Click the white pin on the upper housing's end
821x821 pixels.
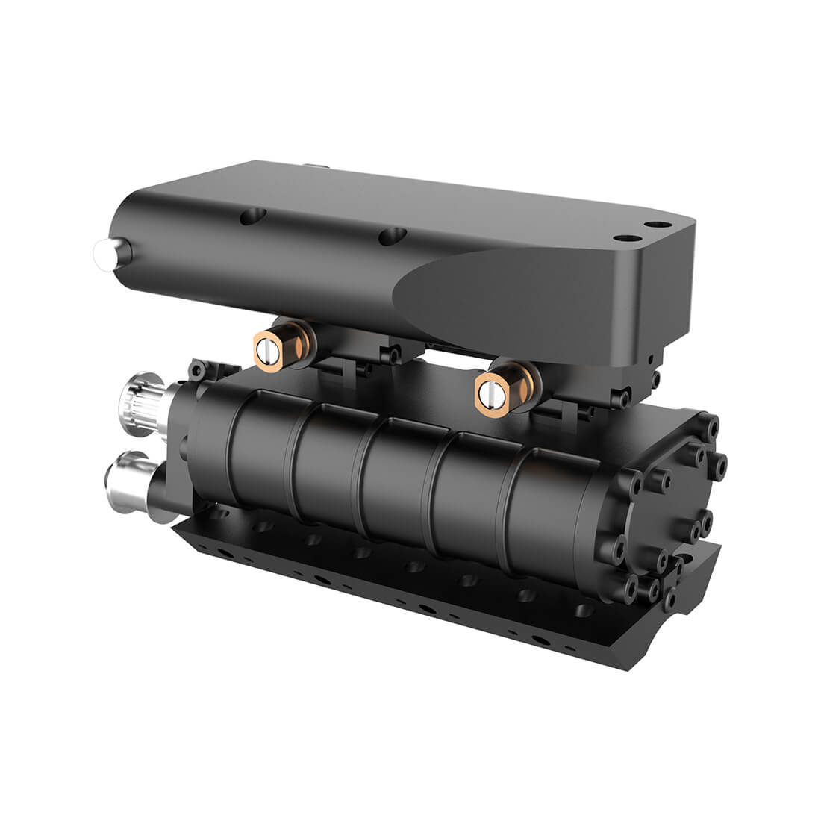point(100,253)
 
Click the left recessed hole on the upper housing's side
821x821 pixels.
point(252,217)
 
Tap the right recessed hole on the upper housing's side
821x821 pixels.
point(390,237)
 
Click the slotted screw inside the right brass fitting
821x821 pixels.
point(488,390)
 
